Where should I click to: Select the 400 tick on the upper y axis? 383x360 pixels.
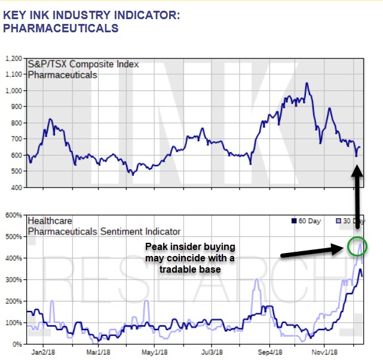coord(17,187)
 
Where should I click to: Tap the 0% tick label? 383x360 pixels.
coord(18,344)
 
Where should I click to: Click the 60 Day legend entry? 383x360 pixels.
coord(310,221)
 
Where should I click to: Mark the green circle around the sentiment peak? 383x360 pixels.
coord(357,246)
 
